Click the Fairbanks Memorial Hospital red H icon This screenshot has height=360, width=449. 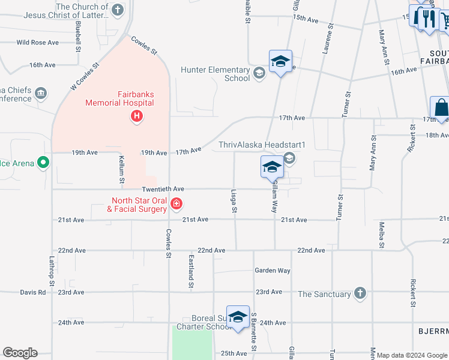[137, 116]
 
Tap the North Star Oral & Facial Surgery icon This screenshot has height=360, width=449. [176, 204]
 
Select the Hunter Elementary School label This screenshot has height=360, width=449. [215, 74]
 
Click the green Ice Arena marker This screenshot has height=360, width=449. [43, 163]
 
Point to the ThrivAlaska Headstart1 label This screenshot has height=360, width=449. [262, 145]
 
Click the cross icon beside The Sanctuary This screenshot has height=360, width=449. [360, 293]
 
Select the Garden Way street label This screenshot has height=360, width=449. [272, 271]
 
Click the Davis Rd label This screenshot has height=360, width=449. [32, 292]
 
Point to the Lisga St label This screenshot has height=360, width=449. [234, 202]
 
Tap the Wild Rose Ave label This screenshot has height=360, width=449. [37, 43]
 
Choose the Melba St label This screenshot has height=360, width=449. [381, 234]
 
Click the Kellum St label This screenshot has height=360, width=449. [121, 169]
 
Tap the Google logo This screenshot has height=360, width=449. [20, 353]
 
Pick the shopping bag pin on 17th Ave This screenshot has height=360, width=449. [441, 108]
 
